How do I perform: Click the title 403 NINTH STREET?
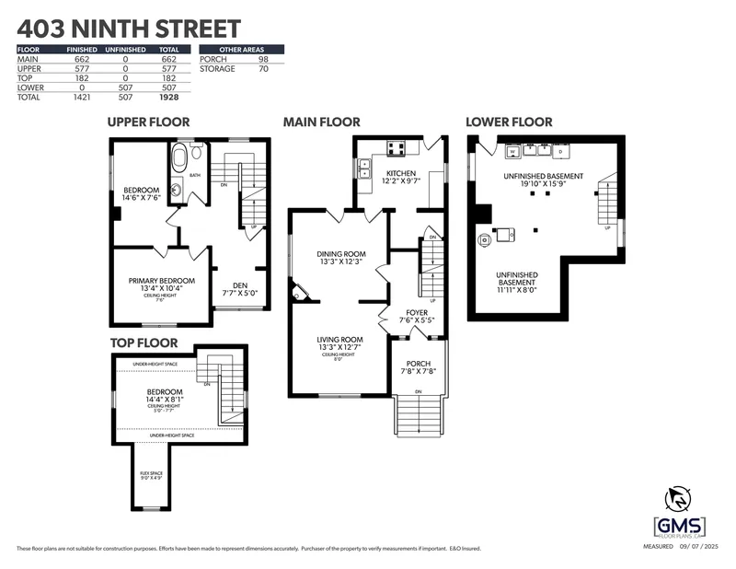(129, 29)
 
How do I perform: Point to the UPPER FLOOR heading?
(148, 122)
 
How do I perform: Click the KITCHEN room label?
(401, 173)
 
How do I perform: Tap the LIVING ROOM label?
(340, 339)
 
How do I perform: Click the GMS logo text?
(679, 524)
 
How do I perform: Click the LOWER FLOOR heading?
(509, 122)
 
